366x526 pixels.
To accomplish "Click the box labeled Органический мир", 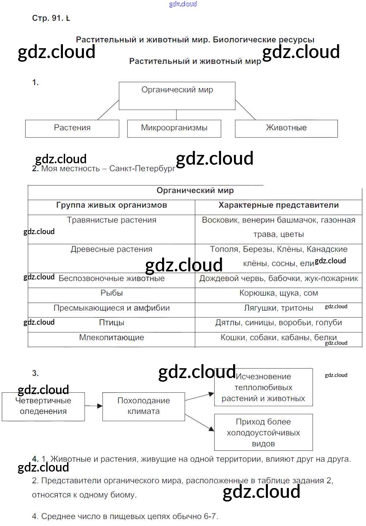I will pos(177,96).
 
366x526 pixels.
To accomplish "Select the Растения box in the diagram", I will pos(72,128).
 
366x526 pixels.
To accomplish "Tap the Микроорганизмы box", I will pos(174,128).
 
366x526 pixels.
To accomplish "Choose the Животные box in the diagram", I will pos(286,128).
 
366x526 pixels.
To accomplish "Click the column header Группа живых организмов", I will pos(112,205).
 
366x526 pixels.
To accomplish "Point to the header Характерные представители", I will pos(279,205).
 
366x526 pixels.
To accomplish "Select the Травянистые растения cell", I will pos(112,220).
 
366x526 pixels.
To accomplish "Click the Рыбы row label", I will pos(112,293).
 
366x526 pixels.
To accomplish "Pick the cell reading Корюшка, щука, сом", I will pos(279,293).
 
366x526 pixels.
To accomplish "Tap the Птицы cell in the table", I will pos(112,323).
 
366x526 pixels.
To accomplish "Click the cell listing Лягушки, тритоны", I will pos(279,308).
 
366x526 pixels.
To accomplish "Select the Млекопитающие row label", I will pos(112,338).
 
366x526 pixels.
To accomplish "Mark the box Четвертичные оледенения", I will pos(43,406).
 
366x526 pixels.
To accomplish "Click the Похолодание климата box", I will pos(143,406).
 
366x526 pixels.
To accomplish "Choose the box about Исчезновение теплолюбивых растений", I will pos(263,388).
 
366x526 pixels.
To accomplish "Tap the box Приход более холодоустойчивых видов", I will pos(263,432).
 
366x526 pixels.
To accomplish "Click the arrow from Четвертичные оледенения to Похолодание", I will pos(94,406).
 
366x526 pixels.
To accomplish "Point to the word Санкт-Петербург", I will pos(142,169).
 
